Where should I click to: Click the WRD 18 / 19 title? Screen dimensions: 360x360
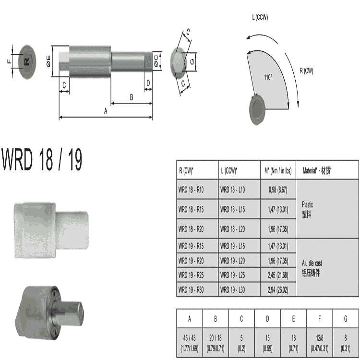pyautogui.click(x=42, y=159)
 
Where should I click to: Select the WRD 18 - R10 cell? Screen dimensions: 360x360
pyautogui.click(x=191, y=190)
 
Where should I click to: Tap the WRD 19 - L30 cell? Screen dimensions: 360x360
pyautogui.click(x=233, y=290)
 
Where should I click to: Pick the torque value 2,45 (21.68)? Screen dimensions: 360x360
pyautogui.click(x=278, y=275)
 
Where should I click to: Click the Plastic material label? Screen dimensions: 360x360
pyautogui.click(x=307, y=204)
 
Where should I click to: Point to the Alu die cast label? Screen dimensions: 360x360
pyautogui.click(x=312, y=263)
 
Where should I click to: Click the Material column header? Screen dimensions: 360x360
pyautogui.click(x=317, y=170)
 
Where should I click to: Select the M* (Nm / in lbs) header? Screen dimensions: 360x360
pyautogui.click(x=278, y=170)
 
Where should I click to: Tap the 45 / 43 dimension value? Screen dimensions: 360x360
pyautogui.click(x=190, y=338)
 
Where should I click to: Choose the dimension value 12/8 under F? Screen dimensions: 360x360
pyautogui.click(x=319, y=338)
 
